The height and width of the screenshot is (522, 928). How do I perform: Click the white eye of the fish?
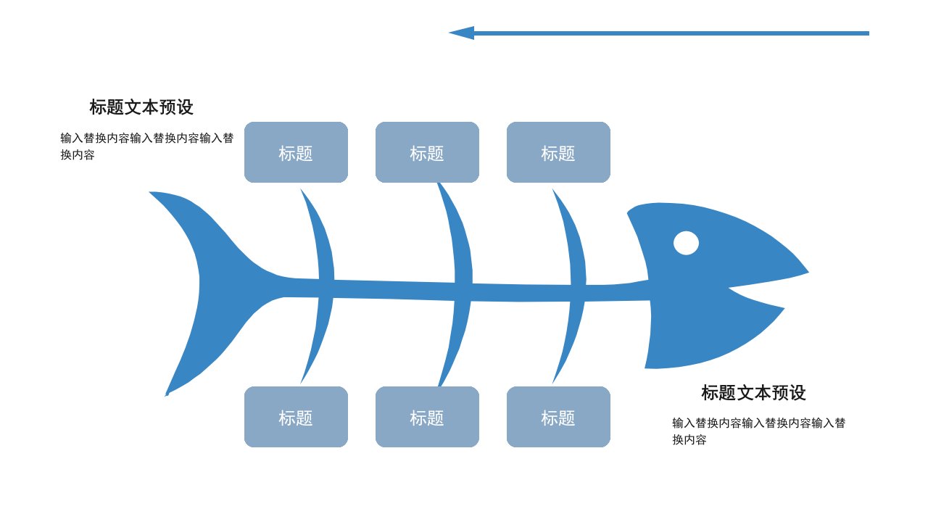(686, 243)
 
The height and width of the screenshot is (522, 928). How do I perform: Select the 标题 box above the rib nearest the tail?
(296, 152)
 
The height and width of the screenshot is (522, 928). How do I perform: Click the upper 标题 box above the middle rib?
(427, 152)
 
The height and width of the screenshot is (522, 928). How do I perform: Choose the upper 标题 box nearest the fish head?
(558, 152)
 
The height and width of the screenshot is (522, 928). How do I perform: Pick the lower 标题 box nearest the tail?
(296, 417)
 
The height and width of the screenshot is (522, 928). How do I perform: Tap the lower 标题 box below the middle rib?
(427, 417)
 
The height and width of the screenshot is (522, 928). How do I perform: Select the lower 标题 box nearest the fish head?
(558, 417)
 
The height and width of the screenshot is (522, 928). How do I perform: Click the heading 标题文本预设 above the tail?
(141, 107)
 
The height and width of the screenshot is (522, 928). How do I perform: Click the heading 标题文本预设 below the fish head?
(753, 393)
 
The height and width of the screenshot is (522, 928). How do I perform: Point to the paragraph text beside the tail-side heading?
(147, 146)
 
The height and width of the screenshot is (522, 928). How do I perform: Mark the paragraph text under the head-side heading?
(758, 431)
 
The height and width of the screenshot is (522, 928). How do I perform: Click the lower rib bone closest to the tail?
(320, 338)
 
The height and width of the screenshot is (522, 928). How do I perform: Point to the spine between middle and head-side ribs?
(521, 293)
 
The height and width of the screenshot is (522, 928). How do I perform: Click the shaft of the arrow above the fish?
(671, 33)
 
